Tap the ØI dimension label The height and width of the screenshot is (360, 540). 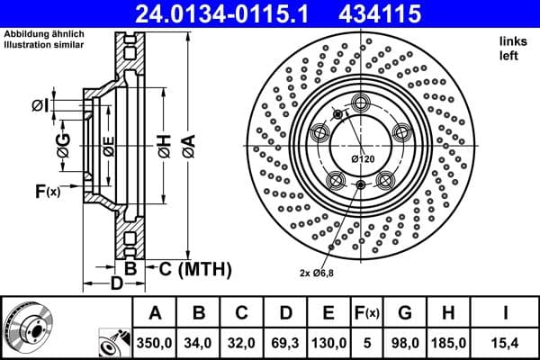point(39,106)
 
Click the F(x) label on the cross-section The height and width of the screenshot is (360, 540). point(47,191)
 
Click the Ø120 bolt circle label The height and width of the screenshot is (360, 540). point(362,159)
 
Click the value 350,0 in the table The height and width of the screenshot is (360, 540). point(154,342)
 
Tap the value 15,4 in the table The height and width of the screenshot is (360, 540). point(506,342)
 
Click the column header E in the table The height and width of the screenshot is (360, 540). point(328,313)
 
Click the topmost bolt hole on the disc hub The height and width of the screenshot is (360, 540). point(362,101)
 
